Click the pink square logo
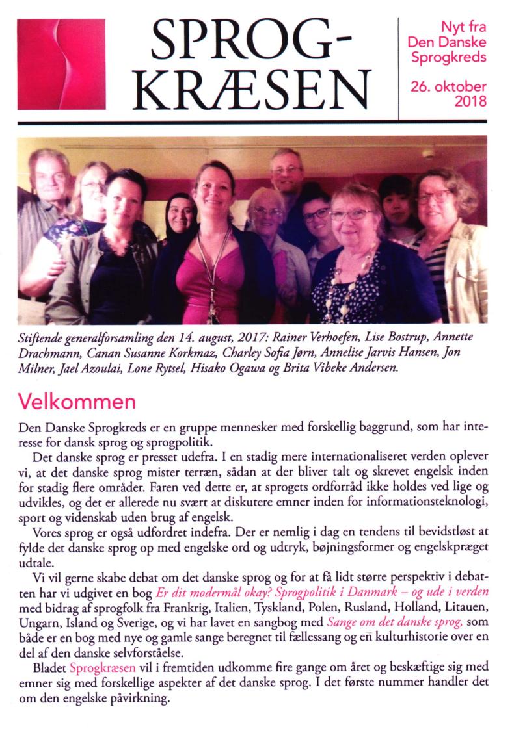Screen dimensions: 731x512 tap(61, 64)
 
